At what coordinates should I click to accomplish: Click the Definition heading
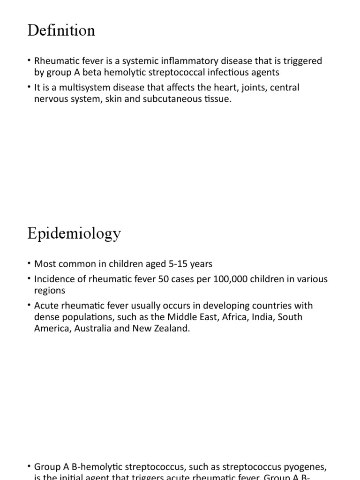click(61, 30)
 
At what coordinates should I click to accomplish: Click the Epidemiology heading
click(74, 233)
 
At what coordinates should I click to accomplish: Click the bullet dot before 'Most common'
click(30, 264)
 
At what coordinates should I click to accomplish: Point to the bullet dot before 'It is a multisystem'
click(30, 88)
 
